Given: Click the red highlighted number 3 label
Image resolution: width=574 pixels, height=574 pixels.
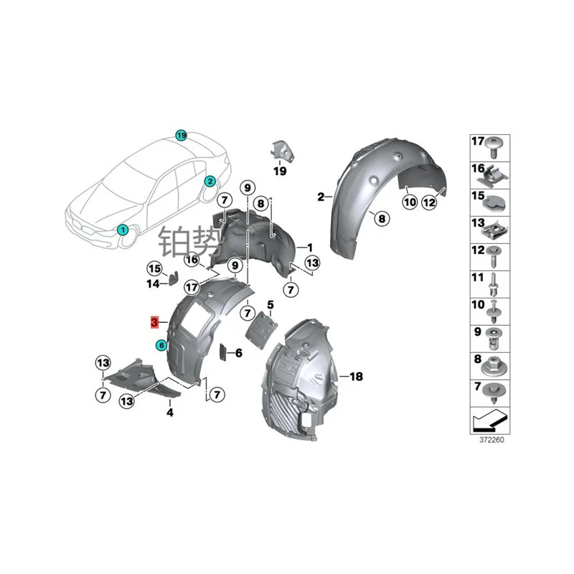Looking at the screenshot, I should (x=155, y=322).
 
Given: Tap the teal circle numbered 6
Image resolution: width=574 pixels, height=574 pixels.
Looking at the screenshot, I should (x=161, y=345).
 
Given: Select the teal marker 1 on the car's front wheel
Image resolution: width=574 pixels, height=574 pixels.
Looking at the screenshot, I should (x=123, y=230).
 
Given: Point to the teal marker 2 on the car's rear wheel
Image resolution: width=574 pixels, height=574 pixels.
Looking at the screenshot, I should (x=210, y=181).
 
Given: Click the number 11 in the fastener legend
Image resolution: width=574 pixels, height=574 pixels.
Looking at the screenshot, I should (x=478, y=276).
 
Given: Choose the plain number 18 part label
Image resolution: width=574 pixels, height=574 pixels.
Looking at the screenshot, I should (x=357, y=376).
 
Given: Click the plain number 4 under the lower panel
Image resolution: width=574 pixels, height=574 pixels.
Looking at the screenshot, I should (x=170, y=413).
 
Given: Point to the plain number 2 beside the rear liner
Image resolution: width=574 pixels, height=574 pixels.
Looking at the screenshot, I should (x=321, y=195).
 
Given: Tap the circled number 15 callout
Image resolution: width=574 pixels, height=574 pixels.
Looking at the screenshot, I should (x=154, y=268).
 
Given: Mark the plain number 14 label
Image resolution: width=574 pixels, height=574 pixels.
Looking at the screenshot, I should (x=154, y=284).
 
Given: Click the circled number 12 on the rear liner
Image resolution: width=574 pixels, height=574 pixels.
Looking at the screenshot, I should (x=429, y=203).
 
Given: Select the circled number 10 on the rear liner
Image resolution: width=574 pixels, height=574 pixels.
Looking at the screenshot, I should (x=409, y=203).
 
